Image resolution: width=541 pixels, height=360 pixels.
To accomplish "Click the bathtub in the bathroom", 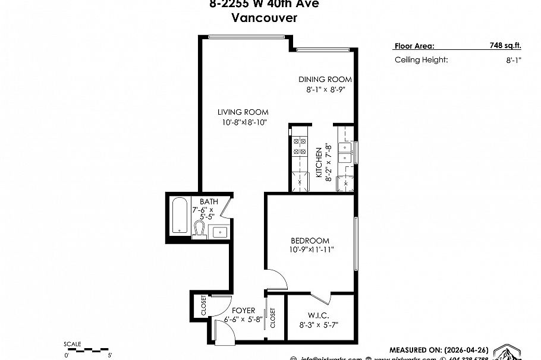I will click(178, 216).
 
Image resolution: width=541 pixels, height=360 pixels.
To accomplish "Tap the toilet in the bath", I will click(199, 229).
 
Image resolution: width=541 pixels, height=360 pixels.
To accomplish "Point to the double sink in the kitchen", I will click(345, 152).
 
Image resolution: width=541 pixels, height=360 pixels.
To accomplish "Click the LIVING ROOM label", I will click(243, 112).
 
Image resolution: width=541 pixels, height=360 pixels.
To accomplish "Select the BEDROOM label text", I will click(310, 241).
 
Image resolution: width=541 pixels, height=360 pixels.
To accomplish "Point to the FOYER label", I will click(244, 310).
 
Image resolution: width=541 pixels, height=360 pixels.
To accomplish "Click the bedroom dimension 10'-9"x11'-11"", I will click(312, 250).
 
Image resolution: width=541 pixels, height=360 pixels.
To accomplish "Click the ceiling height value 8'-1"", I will click(514, 60).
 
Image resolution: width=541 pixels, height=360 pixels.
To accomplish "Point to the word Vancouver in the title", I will click(265, 17).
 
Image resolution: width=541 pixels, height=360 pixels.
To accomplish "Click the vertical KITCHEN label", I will click(319, 163).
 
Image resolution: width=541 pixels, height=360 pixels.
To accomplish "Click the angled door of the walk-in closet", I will click(321, 296).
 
